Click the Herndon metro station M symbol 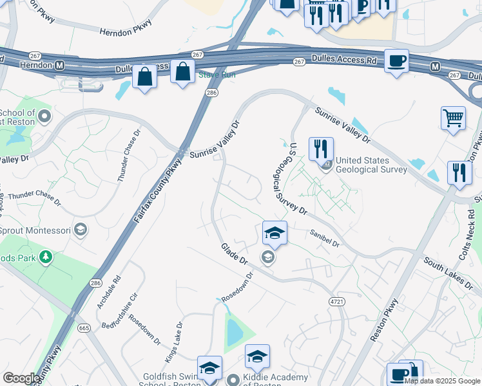[x=60, y=66]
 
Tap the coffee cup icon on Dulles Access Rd [x=396, y=61]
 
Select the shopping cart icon [x=453, y=118]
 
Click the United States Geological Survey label [x=372, y=165]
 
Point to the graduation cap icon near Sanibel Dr [x=274, y=233]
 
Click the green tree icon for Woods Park [x=45, y=258]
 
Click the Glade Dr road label [x=234, y=253]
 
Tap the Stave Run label [x=217, y=75]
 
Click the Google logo [x=21, y=378]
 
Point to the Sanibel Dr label [x=324, y=239]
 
